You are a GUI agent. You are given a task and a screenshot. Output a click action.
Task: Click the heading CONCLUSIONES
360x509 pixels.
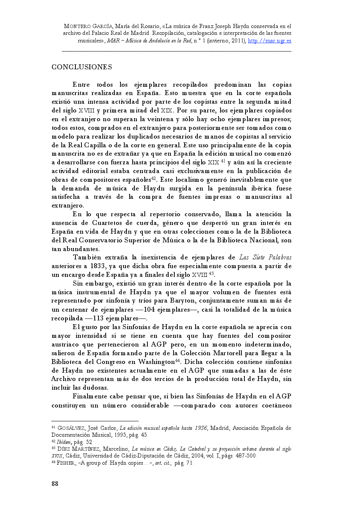point(81,67)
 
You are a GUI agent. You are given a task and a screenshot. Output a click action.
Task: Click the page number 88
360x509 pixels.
point(55,484)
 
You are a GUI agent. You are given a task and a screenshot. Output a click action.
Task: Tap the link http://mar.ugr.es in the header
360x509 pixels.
point(269,41)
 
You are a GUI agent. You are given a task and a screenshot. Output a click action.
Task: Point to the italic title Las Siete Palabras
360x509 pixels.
point(265,258)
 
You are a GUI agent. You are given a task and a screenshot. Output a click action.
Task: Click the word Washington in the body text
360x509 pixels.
point(156,362)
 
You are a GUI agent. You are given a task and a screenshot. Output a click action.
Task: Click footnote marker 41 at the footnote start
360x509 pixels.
point(53,428)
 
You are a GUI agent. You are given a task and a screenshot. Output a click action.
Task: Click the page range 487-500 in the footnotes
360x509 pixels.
point(245,456)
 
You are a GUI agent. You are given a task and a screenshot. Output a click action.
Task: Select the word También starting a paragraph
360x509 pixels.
point(87,258)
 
